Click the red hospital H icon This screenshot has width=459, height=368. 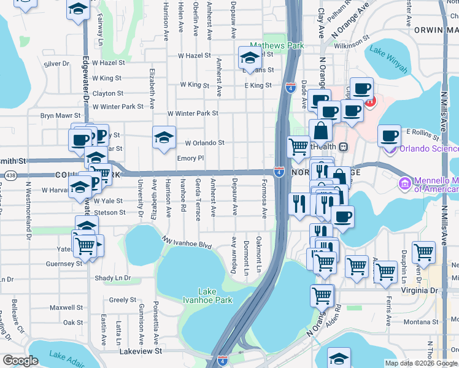tap(369, 102)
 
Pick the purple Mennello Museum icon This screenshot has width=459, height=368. tap(404, 183)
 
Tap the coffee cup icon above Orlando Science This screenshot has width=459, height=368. tap(388, 136)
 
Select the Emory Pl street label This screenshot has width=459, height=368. tap(190, 158)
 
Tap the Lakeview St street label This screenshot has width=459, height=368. tap(141, 351)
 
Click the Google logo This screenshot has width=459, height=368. tap(21, 361)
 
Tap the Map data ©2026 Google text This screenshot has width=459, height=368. tap(420, 363)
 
